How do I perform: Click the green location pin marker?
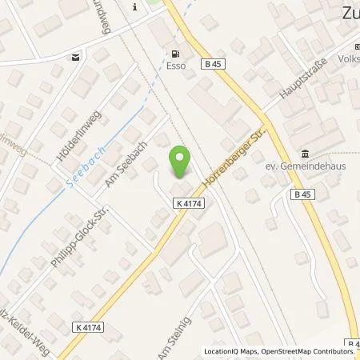tap(181, 163)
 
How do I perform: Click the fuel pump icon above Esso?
tap(171, 54)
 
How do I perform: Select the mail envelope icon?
tap(75, 57)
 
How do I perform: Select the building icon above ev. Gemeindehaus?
tap(306, 154)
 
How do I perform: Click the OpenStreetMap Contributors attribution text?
tap(313, 351)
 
